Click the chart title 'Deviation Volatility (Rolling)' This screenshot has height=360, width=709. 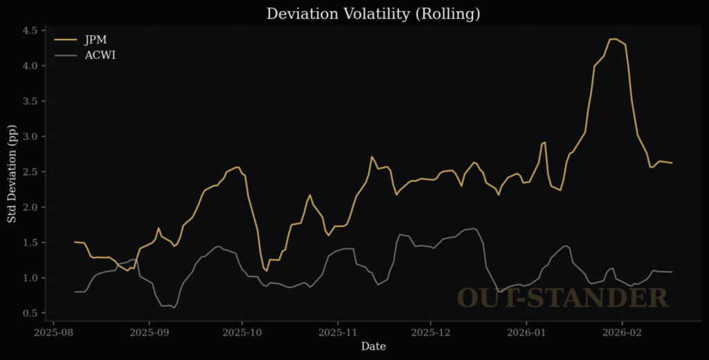click(x=373, y=14)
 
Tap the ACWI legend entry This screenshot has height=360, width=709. click(x=100, y=55)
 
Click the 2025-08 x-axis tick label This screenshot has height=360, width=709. click(x=54, y=332)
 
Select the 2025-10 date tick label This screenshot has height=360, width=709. click(x=242, y=332)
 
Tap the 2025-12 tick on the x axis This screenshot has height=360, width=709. click(x=431, y=332)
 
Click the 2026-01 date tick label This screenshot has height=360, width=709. click(x=527, y=332)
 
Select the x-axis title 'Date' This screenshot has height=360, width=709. click(x=373, y=346)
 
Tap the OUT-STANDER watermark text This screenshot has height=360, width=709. click(x=562, y=298)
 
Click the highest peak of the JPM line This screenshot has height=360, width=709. click(x=614, y=39)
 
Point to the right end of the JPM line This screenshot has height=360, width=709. click(x=672, y=163)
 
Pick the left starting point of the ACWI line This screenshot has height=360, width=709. click(x=75, y=291)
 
